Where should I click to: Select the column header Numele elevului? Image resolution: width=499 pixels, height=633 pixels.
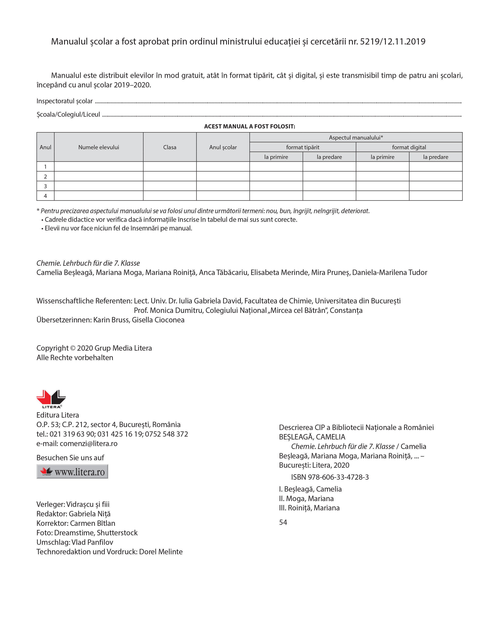point(99,147)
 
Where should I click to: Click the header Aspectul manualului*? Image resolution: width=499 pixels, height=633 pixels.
point(356,137)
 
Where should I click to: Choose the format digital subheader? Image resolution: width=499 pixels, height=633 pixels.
point(409,147)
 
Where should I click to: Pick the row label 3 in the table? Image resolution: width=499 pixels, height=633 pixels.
point(45,186)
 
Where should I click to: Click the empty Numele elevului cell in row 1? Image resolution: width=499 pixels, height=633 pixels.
point(99,167)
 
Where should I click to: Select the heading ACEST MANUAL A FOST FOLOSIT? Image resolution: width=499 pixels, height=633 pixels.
point(249,127)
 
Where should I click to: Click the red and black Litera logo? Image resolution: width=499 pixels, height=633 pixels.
point(51,399)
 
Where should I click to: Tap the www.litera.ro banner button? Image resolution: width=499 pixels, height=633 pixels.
point(72,471)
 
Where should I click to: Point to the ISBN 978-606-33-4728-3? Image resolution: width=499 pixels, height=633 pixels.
point(330,477)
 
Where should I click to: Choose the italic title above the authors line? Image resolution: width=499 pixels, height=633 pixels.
point(88,263)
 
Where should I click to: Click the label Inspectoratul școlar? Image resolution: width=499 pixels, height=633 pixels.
point(64,101)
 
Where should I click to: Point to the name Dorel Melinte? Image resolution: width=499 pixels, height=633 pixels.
point(161,552)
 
